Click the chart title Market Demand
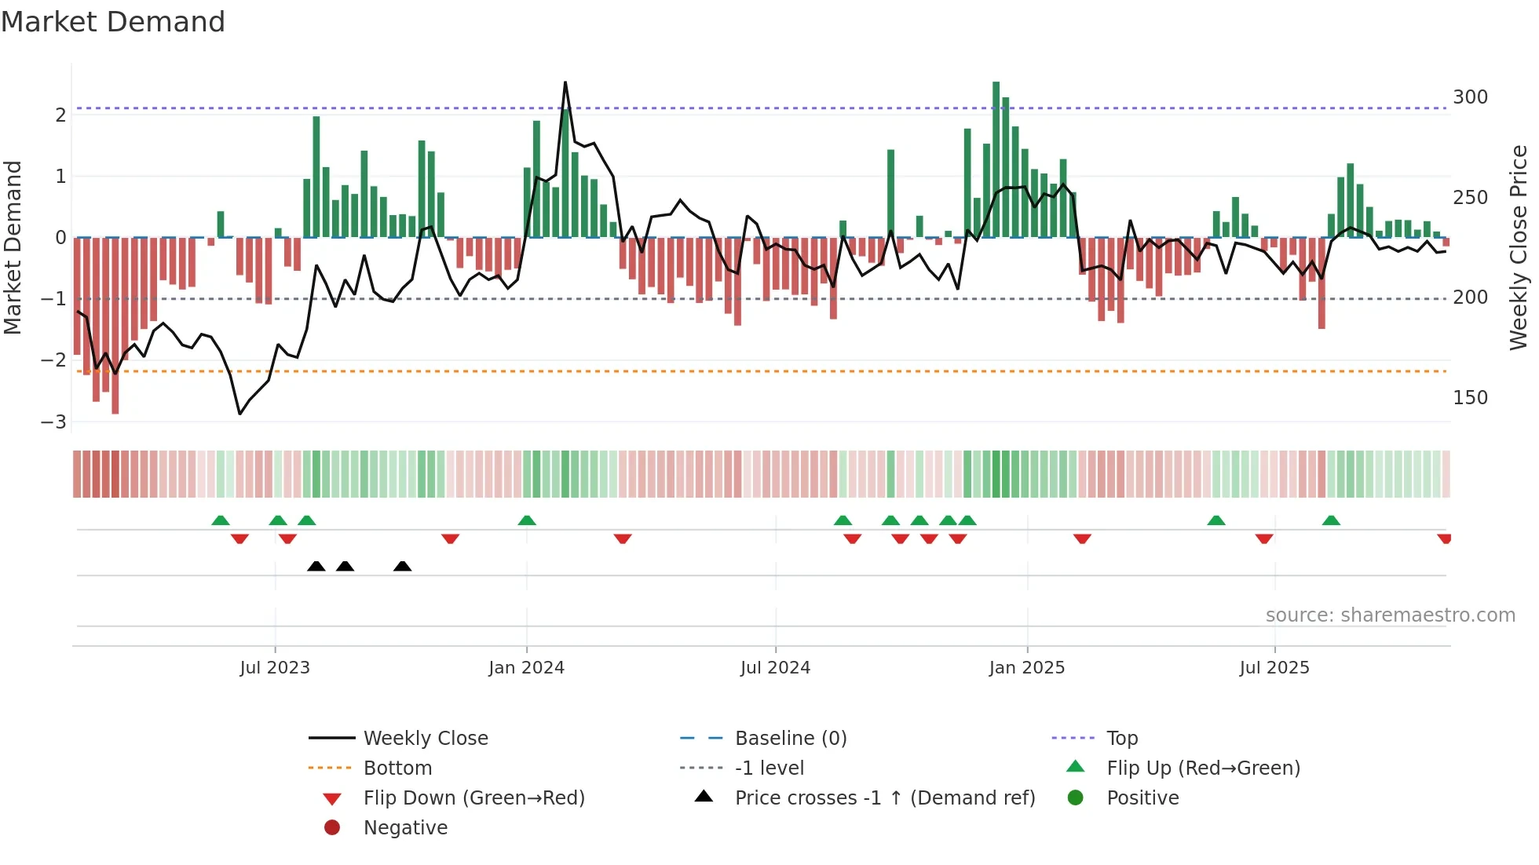113,22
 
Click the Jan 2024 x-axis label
526,668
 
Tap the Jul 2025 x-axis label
1274,668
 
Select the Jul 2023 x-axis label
275,668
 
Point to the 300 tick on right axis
1470,97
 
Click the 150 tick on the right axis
1470,398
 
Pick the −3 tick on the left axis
53,422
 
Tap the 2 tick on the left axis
60,115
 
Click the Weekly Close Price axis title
1519,247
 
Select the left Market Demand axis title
13,247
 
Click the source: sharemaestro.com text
1390,615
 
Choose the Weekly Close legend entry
425,739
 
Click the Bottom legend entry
397,768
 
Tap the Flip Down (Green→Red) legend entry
473,798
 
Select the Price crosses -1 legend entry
884,798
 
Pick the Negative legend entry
405,828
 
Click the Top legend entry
1122,739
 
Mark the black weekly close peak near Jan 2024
565,82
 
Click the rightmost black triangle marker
402,567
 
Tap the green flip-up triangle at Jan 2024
527,520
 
